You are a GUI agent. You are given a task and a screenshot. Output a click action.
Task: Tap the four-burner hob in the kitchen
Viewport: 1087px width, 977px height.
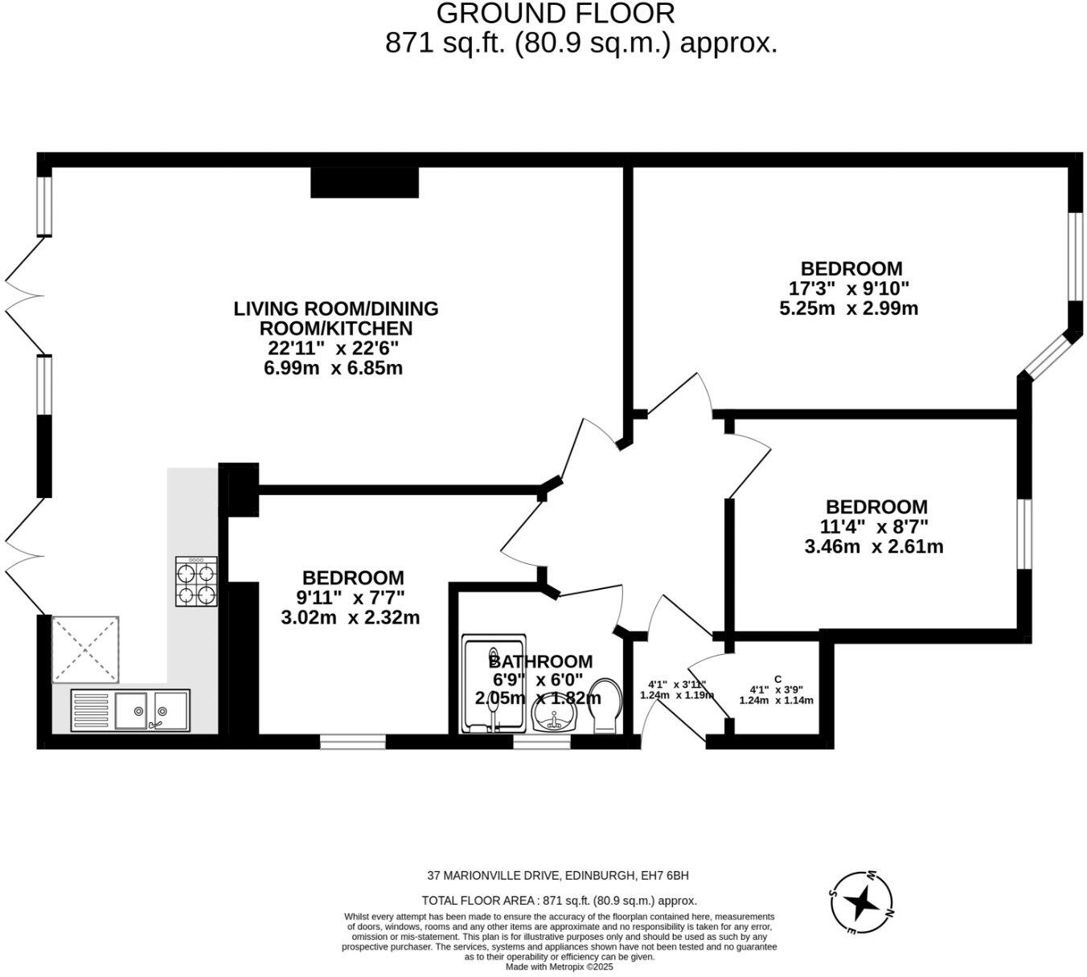196,582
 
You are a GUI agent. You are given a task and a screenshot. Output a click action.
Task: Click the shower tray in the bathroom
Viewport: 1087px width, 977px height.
494,685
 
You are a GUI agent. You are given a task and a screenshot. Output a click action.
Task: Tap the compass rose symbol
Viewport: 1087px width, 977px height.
861,903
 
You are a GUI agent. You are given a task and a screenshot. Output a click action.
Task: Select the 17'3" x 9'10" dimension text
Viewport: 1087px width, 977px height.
849,288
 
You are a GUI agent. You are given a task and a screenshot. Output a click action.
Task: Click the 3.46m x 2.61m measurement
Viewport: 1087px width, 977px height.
874,547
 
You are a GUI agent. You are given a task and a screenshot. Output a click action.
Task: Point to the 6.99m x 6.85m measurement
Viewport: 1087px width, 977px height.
334,369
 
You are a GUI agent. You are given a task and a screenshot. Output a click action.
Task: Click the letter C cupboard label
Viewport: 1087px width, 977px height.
777,679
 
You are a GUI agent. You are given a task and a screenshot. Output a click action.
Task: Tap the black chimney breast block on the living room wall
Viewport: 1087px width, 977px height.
365,182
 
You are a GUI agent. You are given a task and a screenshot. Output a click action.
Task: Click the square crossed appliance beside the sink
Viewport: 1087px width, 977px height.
85,649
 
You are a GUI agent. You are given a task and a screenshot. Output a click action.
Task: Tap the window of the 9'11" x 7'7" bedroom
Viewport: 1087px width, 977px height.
353,742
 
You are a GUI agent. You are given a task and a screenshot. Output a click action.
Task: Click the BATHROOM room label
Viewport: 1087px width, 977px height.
541,661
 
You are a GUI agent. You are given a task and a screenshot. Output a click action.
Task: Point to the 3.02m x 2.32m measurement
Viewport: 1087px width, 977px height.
351,618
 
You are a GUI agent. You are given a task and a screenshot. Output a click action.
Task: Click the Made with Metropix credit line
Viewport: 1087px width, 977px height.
559,967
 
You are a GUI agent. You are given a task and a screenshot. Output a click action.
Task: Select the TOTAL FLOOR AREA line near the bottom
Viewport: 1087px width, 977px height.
559,901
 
